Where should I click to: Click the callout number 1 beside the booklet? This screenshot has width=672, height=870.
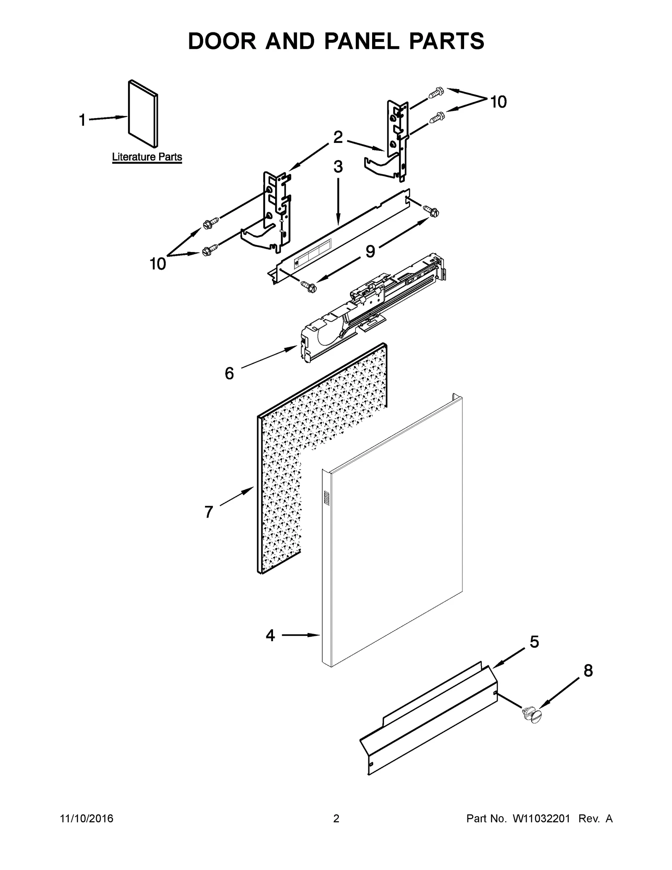[82, 120]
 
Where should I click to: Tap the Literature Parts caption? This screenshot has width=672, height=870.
[147, 157]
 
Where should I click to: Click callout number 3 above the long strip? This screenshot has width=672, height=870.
[338, 167]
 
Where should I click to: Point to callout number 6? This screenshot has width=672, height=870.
[229, 373]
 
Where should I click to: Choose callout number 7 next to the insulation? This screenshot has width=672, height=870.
[209, 512]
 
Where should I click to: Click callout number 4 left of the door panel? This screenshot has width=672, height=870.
[270, 636]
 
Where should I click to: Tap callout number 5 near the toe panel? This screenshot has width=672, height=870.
[534, 642]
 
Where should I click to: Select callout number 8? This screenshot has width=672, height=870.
[588, 671]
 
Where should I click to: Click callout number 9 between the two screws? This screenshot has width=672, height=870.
[370, 251]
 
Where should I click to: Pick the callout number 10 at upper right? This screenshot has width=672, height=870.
[499, 102]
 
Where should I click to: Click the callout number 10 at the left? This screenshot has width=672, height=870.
[158, 264]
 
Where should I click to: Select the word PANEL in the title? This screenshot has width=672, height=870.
[362, 41]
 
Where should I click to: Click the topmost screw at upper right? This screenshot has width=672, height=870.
[436, 93]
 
